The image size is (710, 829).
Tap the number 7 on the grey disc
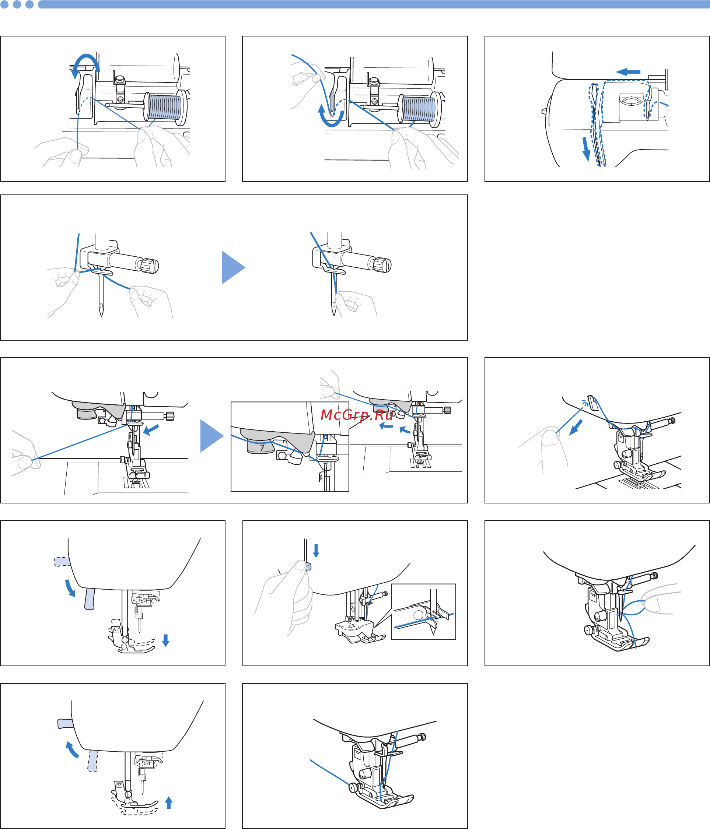pyautogui.click(x=262, y=448)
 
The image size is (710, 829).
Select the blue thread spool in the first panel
pyautogui.click(x=164, y=107)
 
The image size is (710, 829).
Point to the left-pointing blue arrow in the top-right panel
pyautogui.click(x=628, y=72)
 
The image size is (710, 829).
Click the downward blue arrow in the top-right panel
pyautogui.click(x=586, y=149)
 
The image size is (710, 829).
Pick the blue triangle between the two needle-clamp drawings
pyautogui.click(x=233, y=267)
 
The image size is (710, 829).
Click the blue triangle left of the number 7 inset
pyautogui.click(x=212, y=436)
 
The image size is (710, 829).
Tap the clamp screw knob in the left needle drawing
pyautogui.click(x=150, y=266)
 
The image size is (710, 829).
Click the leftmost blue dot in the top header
pyautogui.click(x=4, y=4)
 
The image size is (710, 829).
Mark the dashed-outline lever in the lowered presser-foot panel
pyautogui.click(x=62, y=562)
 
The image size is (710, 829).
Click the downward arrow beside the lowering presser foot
pyautogui.click(x=166, y=640)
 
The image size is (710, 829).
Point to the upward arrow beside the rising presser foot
pyautogui.click(x=169, y=802)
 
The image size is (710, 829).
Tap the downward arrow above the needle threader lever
pyautogui.click(x=316, y=551)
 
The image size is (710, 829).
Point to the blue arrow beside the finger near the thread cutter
pyautogui.click(x=576, y=428)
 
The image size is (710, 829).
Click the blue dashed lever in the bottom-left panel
pyautogui.click(x=92, y=760)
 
